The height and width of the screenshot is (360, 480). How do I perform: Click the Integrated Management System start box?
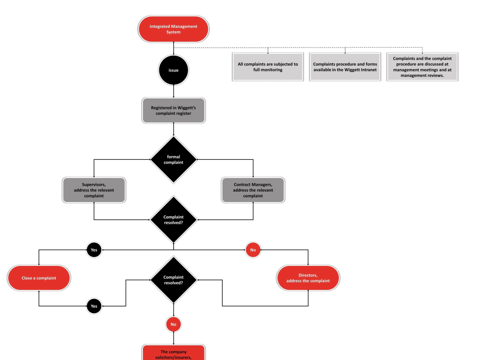(x=173, y=29)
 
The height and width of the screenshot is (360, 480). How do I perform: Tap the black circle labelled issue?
(x=173, y=70)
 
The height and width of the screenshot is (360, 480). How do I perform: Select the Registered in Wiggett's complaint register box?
(x=173, y=111)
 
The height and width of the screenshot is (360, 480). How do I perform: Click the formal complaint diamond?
(x=173, y=159)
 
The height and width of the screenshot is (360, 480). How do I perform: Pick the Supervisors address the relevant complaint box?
(x=94, y=190)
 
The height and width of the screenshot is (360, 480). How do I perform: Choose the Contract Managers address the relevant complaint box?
(x=253, y=190)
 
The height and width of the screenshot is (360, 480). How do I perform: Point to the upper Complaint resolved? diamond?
(x=173, y=220)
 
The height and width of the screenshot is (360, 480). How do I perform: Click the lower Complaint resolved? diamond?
(x=173, y=280)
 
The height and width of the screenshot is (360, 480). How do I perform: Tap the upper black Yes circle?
(x=94, y=250)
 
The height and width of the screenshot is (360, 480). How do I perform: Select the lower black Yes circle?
(x=94, y=306)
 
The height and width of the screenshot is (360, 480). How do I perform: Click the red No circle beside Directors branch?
(x=253, y=250)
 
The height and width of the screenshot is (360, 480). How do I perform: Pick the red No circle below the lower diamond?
(x=173, y=324)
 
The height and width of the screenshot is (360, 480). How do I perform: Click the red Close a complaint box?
(x=39, y=278)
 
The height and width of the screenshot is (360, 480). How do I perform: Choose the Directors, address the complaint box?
(x=308, y=278)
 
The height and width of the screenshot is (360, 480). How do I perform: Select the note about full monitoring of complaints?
(x=268, y=67)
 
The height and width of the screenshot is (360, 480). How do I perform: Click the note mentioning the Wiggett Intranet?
(x=345, y=67)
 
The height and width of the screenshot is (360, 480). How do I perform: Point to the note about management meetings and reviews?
(x=422, y=67)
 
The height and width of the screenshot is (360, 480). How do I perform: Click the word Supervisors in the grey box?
(x=94, y=185)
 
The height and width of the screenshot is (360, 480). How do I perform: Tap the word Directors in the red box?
(x=308, y=275)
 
